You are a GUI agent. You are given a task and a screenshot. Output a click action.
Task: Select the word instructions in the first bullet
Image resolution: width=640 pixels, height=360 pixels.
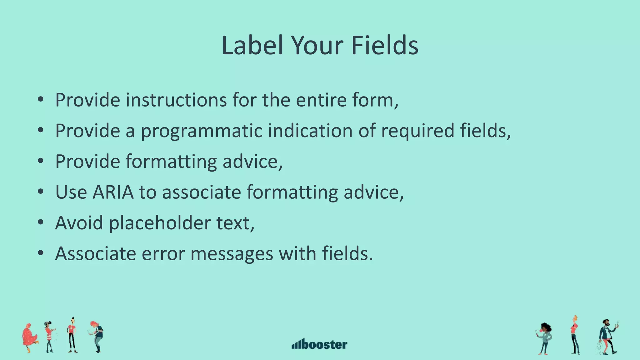point(176,100)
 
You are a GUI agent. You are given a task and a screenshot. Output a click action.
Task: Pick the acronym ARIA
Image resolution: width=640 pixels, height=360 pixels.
point(113,192)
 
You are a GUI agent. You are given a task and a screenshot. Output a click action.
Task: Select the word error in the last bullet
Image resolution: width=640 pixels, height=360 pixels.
point(163,253)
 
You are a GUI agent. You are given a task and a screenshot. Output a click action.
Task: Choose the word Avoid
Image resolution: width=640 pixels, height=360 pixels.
point(79,223)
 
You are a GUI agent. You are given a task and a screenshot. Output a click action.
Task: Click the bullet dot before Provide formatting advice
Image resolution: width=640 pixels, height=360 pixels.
point(40,161)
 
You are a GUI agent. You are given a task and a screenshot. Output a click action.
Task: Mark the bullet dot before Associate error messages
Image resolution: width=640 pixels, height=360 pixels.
point(40,253)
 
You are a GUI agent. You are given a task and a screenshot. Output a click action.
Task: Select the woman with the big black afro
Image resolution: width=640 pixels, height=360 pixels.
point(545,338)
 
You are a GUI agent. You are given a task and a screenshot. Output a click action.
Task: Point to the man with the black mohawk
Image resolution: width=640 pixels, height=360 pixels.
point(72,335)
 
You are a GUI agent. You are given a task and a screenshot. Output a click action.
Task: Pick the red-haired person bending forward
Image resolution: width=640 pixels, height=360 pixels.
point(97,336)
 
